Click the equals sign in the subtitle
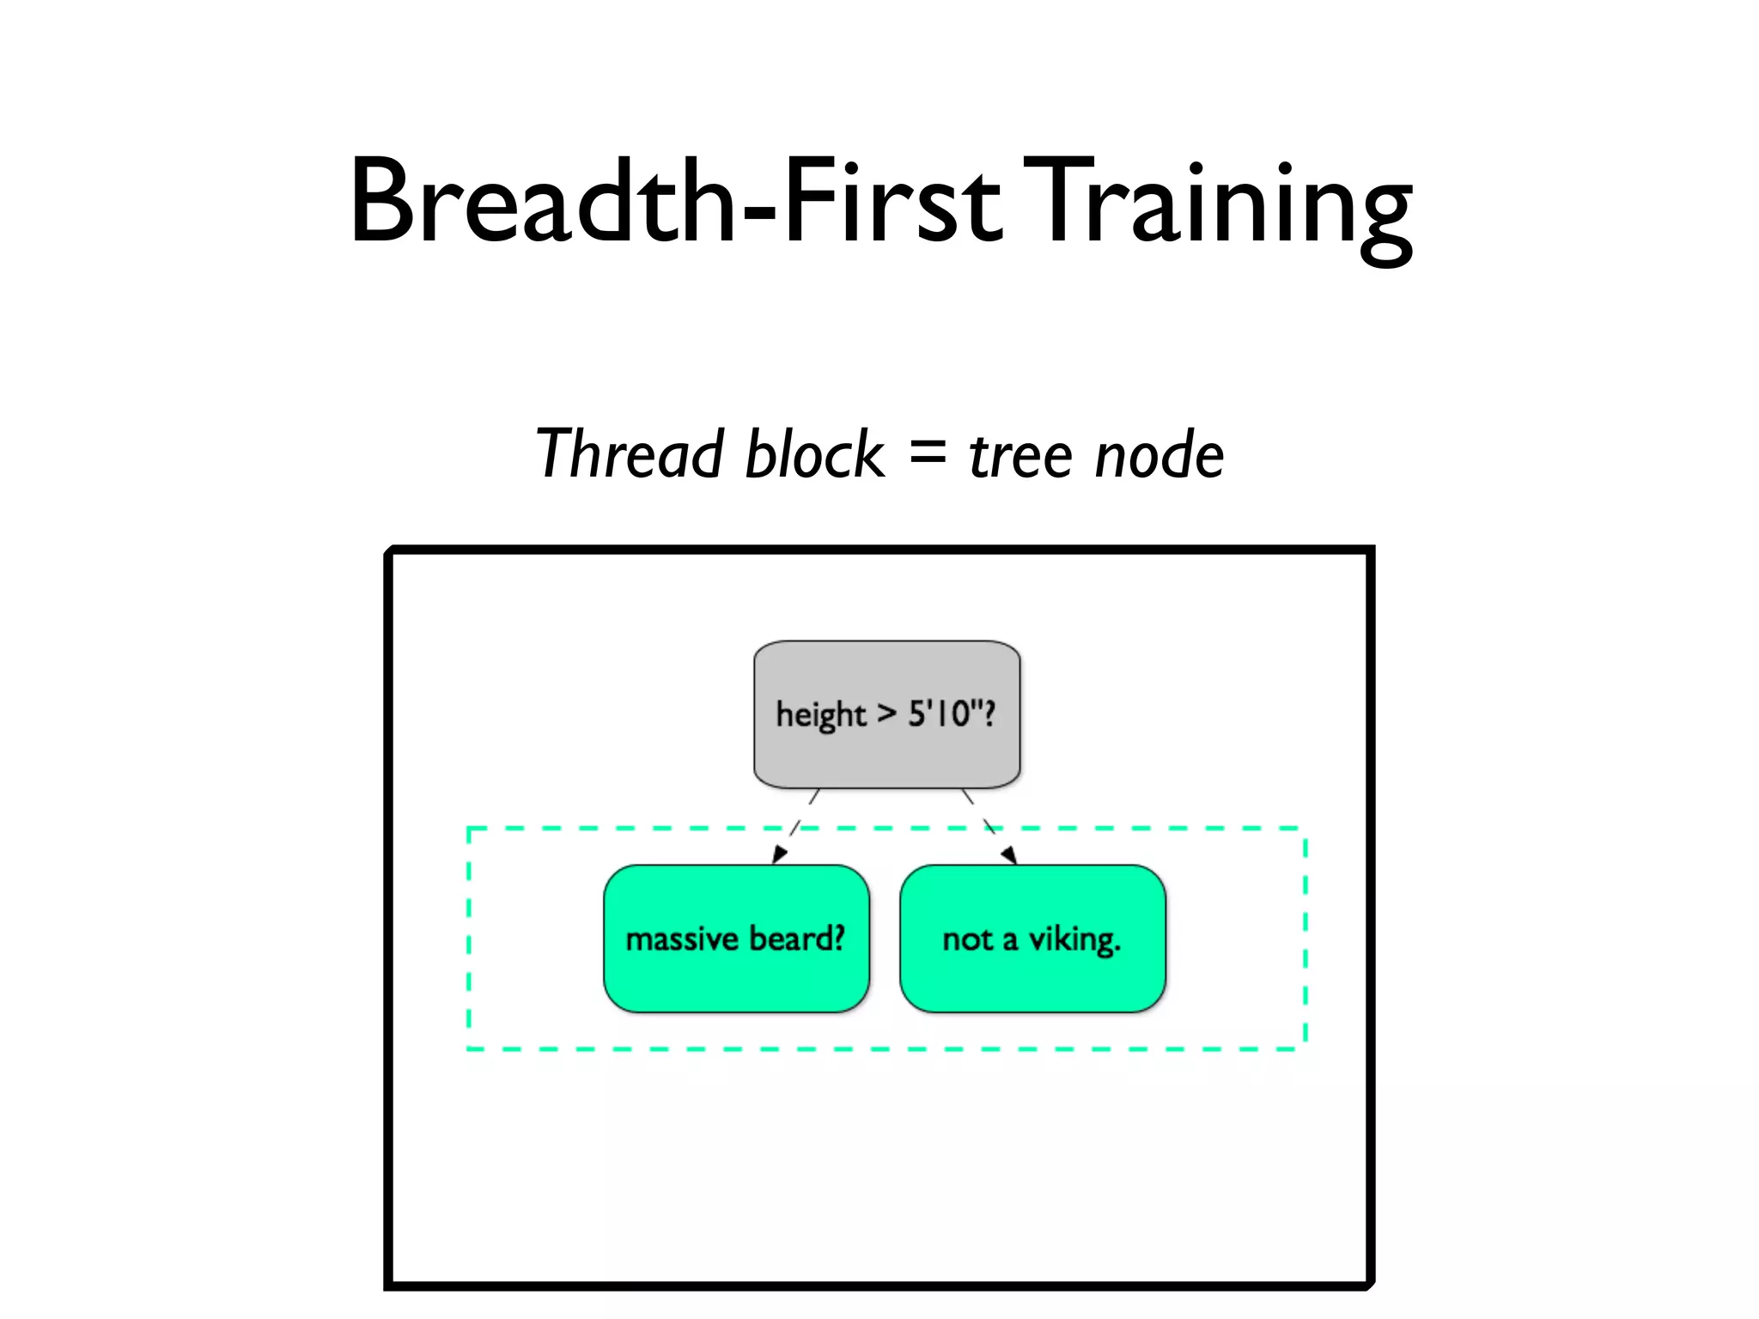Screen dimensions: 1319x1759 [x=927, y=452]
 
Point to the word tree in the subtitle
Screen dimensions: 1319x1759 [x=1021, y=455]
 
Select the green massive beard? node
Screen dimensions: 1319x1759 [x=736, y=979]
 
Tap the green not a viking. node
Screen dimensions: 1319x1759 [x=1032, y=979]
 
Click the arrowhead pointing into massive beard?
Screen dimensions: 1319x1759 [x=779, y=854]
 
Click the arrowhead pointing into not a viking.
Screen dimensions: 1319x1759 [x=1009, y=854]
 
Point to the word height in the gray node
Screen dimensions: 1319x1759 [x=820, y=715]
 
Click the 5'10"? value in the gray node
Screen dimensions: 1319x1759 [x=952, y=713]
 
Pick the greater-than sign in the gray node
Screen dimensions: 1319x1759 [x=886, y=713]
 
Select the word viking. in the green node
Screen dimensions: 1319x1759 [x=1074, y=939]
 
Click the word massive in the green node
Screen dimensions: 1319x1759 [x=681, y=939]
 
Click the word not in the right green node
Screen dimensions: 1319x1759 [x=967, y=939]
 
